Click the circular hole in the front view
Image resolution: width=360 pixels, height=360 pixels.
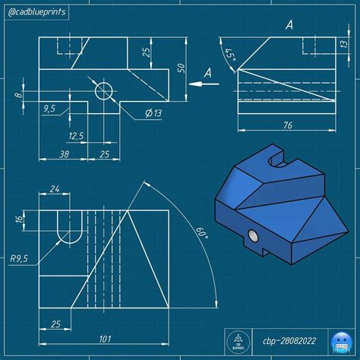point(104,92)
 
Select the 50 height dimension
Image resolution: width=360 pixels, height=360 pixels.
point(181,67)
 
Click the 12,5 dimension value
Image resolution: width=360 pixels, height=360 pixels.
point(75,137)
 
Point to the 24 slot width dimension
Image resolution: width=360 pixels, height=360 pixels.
point(55,189)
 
